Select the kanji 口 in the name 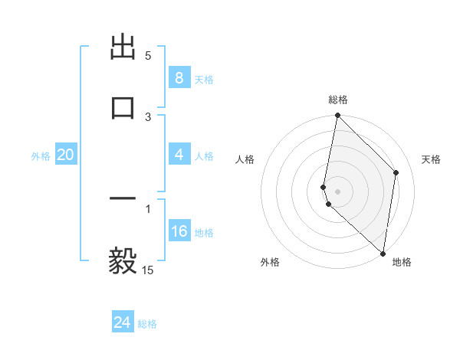click(123, 106)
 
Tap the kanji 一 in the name click(123, 200)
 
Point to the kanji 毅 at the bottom click(123, 261)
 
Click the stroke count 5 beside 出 click(148, 56)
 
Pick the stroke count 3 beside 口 click(148, 117)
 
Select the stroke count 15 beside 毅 click(148, 270)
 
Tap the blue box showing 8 click(179, 78)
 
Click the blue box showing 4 click(179, 155)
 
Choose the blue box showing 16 click(179, 231)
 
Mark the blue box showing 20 click(65, 155)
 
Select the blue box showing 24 click(122, 322)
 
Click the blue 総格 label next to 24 click(147, 324)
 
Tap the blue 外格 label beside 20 click(41, 156)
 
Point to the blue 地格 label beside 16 click(204, 233)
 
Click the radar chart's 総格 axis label click(337, 100)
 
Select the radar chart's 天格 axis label click(431, 159)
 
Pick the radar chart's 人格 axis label click(245, 159)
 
